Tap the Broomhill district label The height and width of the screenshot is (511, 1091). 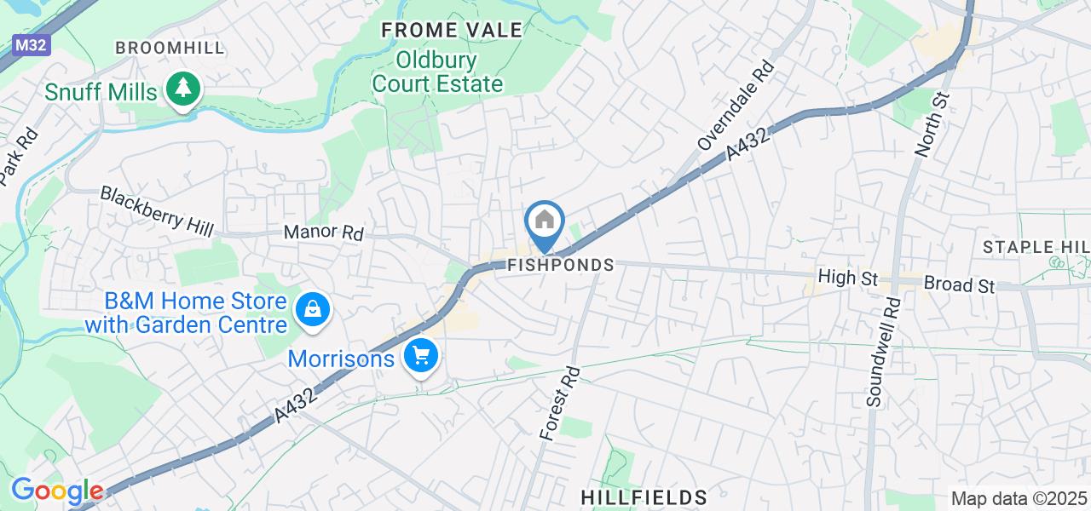pyautogui.click(x=170, y=48)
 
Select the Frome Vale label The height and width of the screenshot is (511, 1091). pyautogui.click(x=452, y=31)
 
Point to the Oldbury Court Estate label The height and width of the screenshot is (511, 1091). pyautogui.click(x=438, y=72)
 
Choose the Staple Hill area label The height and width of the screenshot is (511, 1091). pyautogui.click(x=1036, y=247)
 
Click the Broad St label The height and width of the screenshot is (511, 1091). pyautogui.click(x=960, y=284)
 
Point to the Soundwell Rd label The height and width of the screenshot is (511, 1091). pyautogui.click(x=881, y=351)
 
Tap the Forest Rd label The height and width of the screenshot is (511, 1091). pyautogui.click(x=559, y=403)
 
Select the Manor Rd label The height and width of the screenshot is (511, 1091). pyautogui.click(x=323, y=232)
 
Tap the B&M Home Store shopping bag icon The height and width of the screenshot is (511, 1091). pyautogui.click(x=313, y=310)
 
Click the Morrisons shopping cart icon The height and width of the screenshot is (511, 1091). pyautogui.click(x=420, y=355)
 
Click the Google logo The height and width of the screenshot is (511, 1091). pyautogui.click(x=57, y=491)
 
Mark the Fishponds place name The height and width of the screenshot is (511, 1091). pyautogui.click(x=560, y=265)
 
